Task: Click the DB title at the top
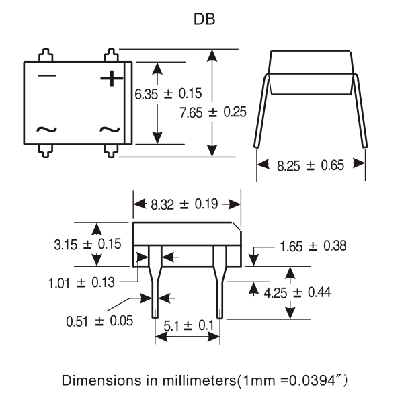pyautogui.click(x=204, y=19)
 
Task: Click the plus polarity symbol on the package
pyautogui.click(x=112, y=78)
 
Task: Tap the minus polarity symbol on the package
pyautogui.click(x=47, y=75)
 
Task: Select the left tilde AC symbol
pyautogui.click(x=46, y=130)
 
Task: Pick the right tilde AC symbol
pyautogui.click(x=110, y=130)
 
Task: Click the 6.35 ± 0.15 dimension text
pyautogui.click(x=168, y=93)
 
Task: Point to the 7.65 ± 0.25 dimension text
pyautogui.click(x=213, y=112)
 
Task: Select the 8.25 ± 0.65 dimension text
pyautogui.click(x=311, y=165)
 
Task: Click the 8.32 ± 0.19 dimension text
pyautogui.click(x=184, y=204)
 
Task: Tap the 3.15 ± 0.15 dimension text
pyautogui.click(x=87, y=244)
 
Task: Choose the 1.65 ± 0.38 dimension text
pyautogui.click(x=313, y=246)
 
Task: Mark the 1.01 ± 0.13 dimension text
pyautogui.click(x=81, y=282)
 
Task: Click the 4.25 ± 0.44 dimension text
pyautogui.click(x=297, y=293)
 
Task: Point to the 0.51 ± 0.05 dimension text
pyautogui.click(x=99, y=321)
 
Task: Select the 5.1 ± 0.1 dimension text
pyautogui.click(x=189, y=325)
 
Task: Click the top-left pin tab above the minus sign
pyautogui.click(x=46, y=55)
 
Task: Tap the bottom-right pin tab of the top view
pyautogui.click(x=111, y=151)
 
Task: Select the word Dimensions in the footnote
pyautogui.click(x=103, y=380)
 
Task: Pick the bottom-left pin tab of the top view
pyautogui.click(x=46, y=151)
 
